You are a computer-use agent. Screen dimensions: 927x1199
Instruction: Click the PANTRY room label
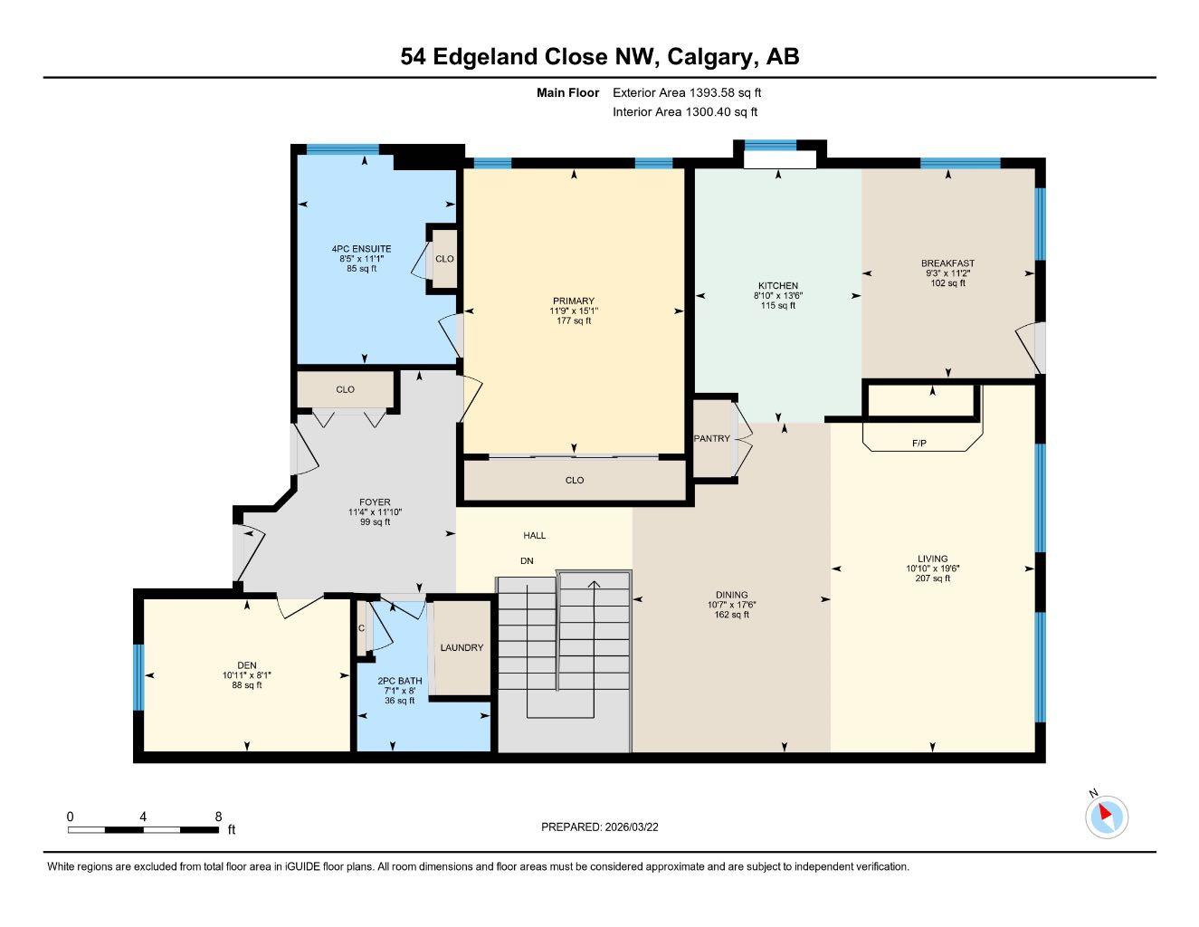pyautogui.click(x=711, y=438)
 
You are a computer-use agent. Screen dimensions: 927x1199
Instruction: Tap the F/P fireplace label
pyautogui.click(x=918, y=444)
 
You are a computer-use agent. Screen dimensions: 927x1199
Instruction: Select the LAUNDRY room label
pyautogui.click(x=462, y=647)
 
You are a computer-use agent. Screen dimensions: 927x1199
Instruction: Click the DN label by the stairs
pyautogui.click(x=527, y=561)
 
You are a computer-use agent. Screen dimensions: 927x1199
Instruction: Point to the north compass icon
pyautogui.click(x=1106, y=816)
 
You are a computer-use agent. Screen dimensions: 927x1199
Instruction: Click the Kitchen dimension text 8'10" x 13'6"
pyautogui.click(x=778, y=295)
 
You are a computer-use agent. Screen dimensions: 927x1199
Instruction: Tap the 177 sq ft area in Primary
pyautogui.click(x=574, y=320)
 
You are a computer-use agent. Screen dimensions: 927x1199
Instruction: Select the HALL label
pyautogui.click(x=534, y=535)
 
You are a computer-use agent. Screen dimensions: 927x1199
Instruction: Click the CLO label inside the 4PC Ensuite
pyautogui.click(x=443, y=258)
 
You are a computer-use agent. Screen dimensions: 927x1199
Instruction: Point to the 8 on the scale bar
pyautogui.click(x=218, y=816)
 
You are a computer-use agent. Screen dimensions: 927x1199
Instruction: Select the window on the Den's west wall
pyautogui.click(x=138, y=676)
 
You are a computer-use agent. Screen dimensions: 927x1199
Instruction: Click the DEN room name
pyautogui.click(x=246, y=665)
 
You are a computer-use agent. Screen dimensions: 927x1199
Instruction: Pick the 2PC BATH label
pyautogui.click(x=399, y=681)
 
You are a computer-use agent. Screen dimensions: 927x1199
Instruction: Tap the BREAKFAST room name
pyautogui.click(x=947, y=263)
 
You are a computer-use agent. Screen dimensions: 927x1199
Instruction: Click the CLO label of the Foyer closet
pyautogui.click(x=345, y=389)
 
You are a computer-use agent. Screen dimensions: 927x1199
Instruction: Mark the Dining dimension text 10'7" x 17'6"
pyautogui.click(x=731, y=605)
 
